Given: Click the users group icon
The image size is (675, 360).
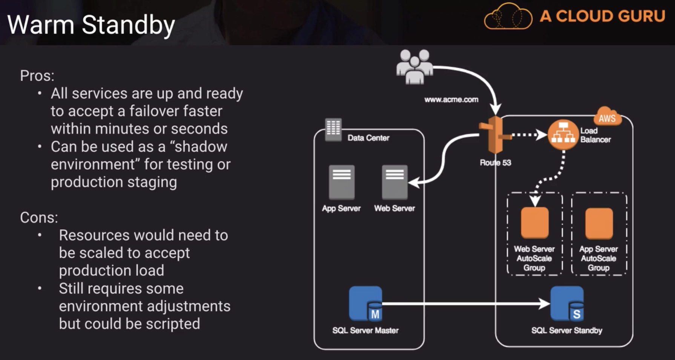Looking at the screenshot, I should click(414, 66).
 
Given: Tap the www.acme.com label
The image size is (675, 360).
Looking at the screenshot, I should click(451, 100).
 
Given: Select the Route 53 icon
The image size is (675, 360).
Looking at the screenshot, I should click(495, 135).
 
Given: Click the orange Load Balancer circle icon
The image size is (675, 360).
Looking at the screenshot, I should click(563, 135).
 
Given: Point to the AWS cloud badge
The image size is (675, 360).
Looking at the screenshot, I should click(607, 117).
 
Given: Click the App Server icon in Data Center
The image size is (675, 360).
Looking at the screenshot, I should click(342, 182).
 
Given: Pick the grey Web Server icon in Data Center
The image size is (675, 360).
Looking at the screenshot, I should click(394, 182).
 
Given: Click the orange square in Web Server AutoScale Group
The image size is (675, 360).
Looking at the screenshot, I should click(534, 223).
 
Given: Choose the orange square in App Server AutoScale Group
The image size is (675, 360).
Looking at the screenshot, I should click(599, 223).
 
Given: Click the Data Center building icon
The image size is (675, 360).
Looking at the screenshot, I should click(333, 129).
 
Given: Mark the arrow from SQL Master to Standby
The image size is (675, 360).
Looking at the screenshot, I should click(464, 303).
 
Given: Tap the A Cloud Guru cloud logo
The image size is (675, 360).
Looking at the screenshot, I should click(508, 17).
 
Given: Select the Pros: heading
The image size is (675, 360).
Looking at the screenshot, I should click(37, 76).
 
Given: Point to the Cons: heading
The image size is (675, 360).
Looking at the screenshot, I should click(39, 218).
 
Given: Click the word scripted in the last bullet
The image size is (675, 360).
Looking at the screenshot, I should click(173, 324).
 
